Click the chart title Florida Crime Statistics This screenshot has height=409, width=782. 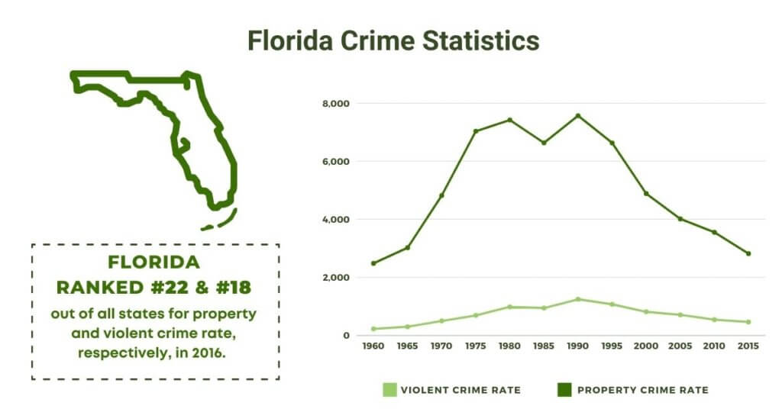[x=393, y=40]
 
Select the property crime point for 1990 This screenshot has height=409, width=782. [x=577, y=116]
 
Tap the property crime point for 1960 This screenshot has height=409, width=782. [x=373, y=263]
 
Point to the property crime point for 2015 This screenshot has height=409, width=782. [x=748, y=253]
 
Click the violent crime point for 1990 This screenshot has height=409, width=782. [x=577, y=299]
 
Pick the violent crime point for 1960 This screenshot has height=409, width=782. [x=373, y=329]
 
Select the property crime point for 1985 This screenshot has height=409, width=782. [x=544, y=143]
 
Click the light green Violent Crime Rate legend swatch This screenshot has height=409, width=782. [x=390, y=390]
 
